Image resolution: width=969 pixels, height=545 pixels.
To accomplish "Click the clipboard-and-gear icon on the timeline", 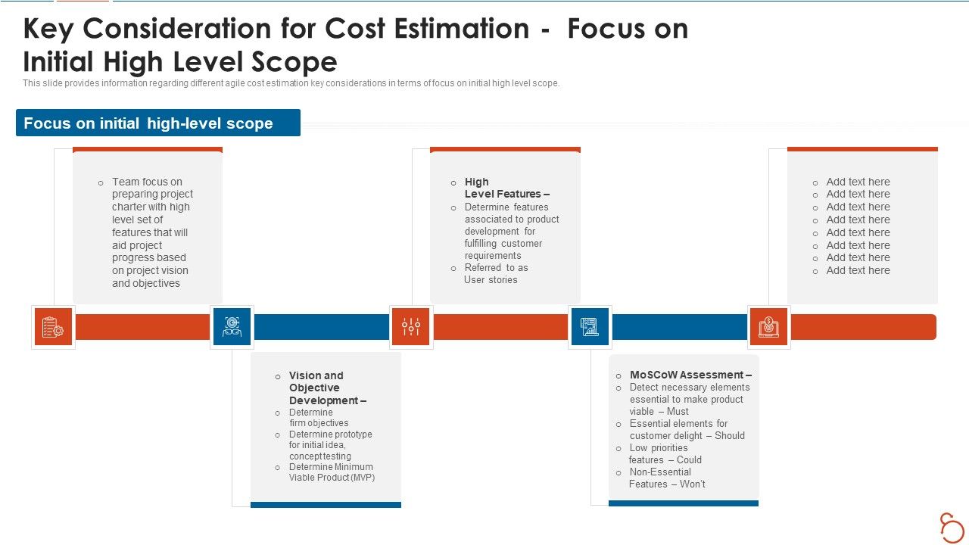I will point(53,327).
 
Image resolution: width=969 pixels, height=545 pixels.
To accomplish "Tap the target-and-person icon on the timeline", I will point(232,327).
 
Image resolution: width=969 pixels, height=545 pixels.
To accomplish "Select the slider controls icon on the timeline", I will point(411,327).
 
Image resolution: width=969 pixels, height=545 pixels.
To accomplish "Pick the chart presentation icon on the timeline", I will point(590,327).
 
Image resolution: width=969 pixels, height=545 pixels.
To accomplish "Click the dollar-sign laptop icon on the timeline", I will point(768,327).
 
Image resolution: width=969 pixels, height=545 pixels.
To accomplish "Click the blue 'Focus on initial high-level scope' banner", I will point(157,123).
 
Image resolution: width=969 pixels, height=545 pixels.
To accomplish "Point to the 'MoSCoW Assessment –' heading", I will point(690,375).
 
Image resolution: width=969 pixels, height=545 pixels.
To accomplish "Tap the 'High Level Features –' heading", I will point(506,188).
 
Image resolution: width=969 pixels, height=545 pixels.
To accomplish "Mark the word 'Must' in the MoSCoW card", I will point(678,411).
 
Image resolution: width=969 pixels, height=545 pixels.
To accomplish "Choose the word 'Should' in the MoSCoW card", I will point(729,435).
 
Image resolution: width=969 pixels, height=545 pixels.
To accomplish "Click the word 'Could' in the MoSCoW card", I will point(689,459).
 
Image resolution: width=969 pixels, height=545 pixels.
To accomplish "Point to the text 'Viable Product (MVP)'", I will point(332,478).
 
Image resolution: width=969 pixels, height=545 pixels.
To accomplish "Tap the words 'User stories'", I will point(491,279).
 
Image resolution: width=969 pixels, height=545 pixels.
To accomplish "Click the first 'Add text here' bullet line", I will point(858,182).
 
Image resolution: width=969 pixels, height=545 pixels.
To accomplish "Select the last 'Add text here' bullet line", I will point(858,270).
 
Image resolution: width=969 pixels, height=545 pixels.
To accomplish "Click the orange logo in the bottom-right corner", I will point(952,527).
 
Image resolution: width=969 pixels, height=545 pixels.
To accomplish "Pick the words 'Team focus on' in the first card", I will point(147,182).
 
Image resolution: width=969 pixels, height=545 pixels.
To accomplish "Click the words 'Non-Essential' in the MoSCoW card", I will point(660,472).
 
